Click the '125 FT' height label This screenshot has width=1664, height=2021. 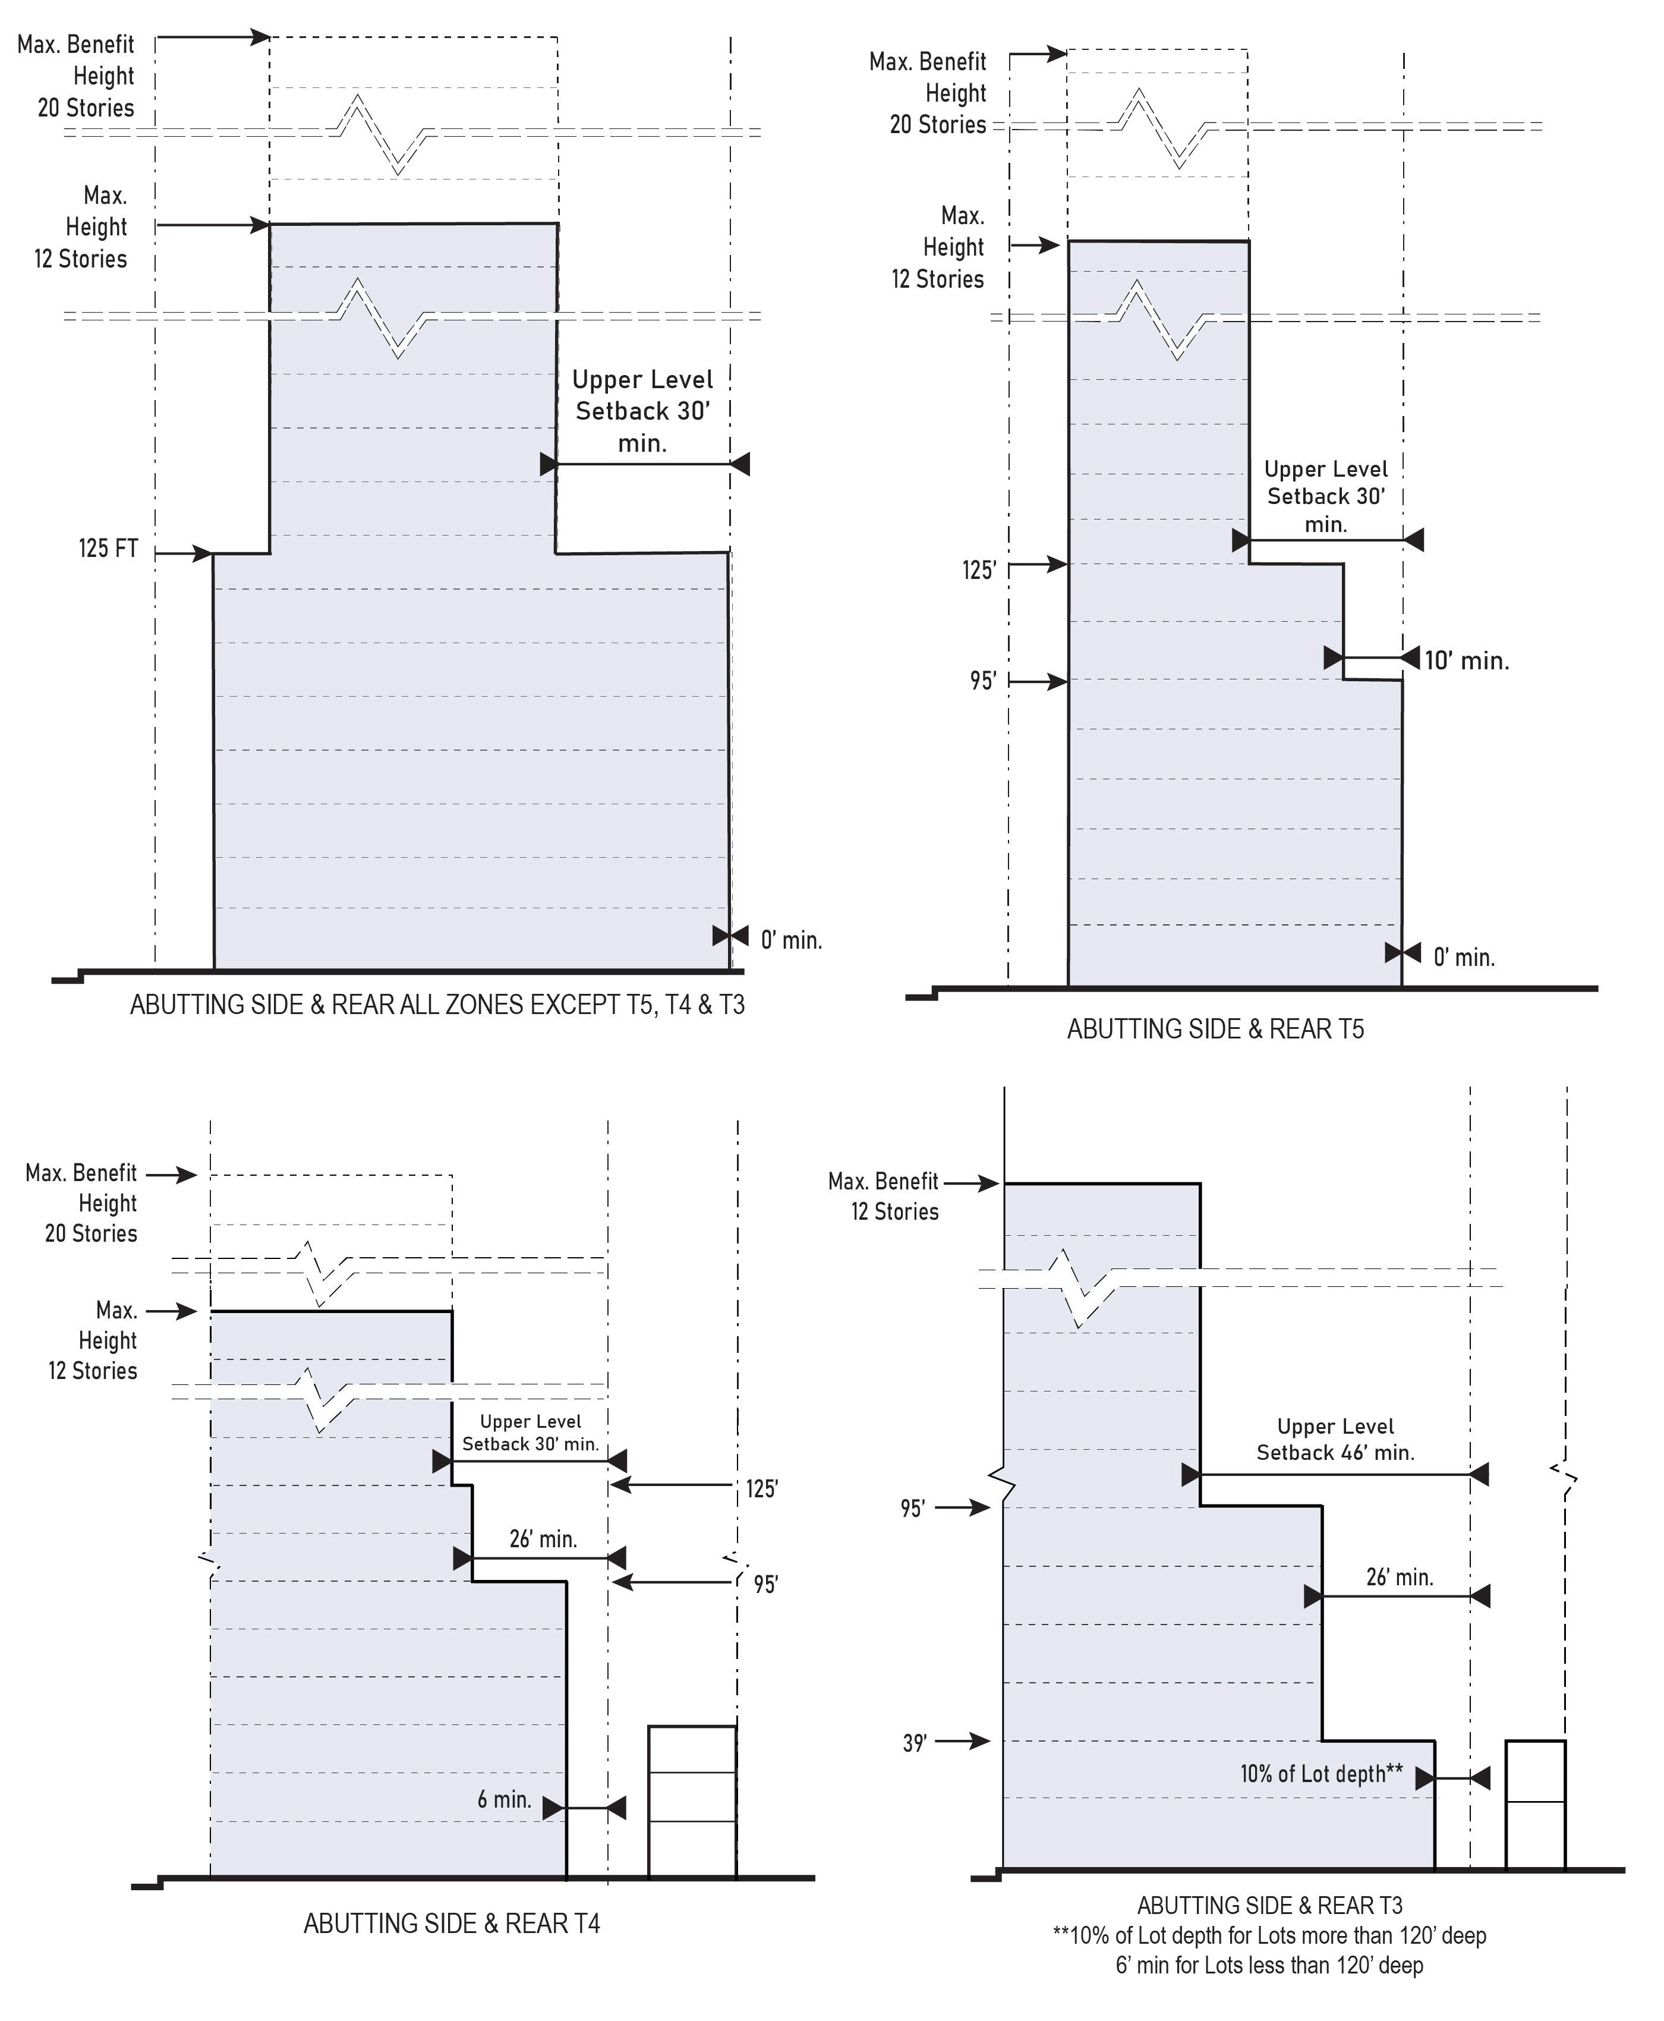pos(108,549)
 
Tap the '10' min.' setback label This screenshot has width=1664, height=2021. pos(1467,660)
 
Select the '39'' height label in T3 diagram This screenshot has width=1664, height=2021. pos(915,1743)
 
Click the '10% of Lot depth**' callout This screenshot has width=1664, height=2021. pos(1321,1774)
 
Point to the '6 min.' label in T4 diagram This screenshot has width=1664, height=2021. pos(504,1799)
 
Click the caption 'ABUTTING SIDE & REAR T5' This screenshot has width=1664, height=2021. pos(1215,1030)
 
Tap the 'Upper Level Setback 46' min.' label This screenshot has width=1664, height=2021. pos(1335,1439)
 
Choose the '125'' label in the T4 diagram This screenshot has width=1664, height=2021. pos(762,1489)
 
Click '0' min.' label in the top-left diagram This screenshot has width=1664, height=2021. pos(791,940)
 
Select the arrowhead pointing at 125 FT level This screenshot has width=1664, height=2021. pos(202,553)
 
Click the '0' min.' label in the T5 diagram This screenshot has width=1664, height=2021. pos(1464,958)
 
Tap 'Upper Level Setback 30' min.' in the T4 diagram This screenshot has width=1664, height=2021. pos(530,1433)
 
